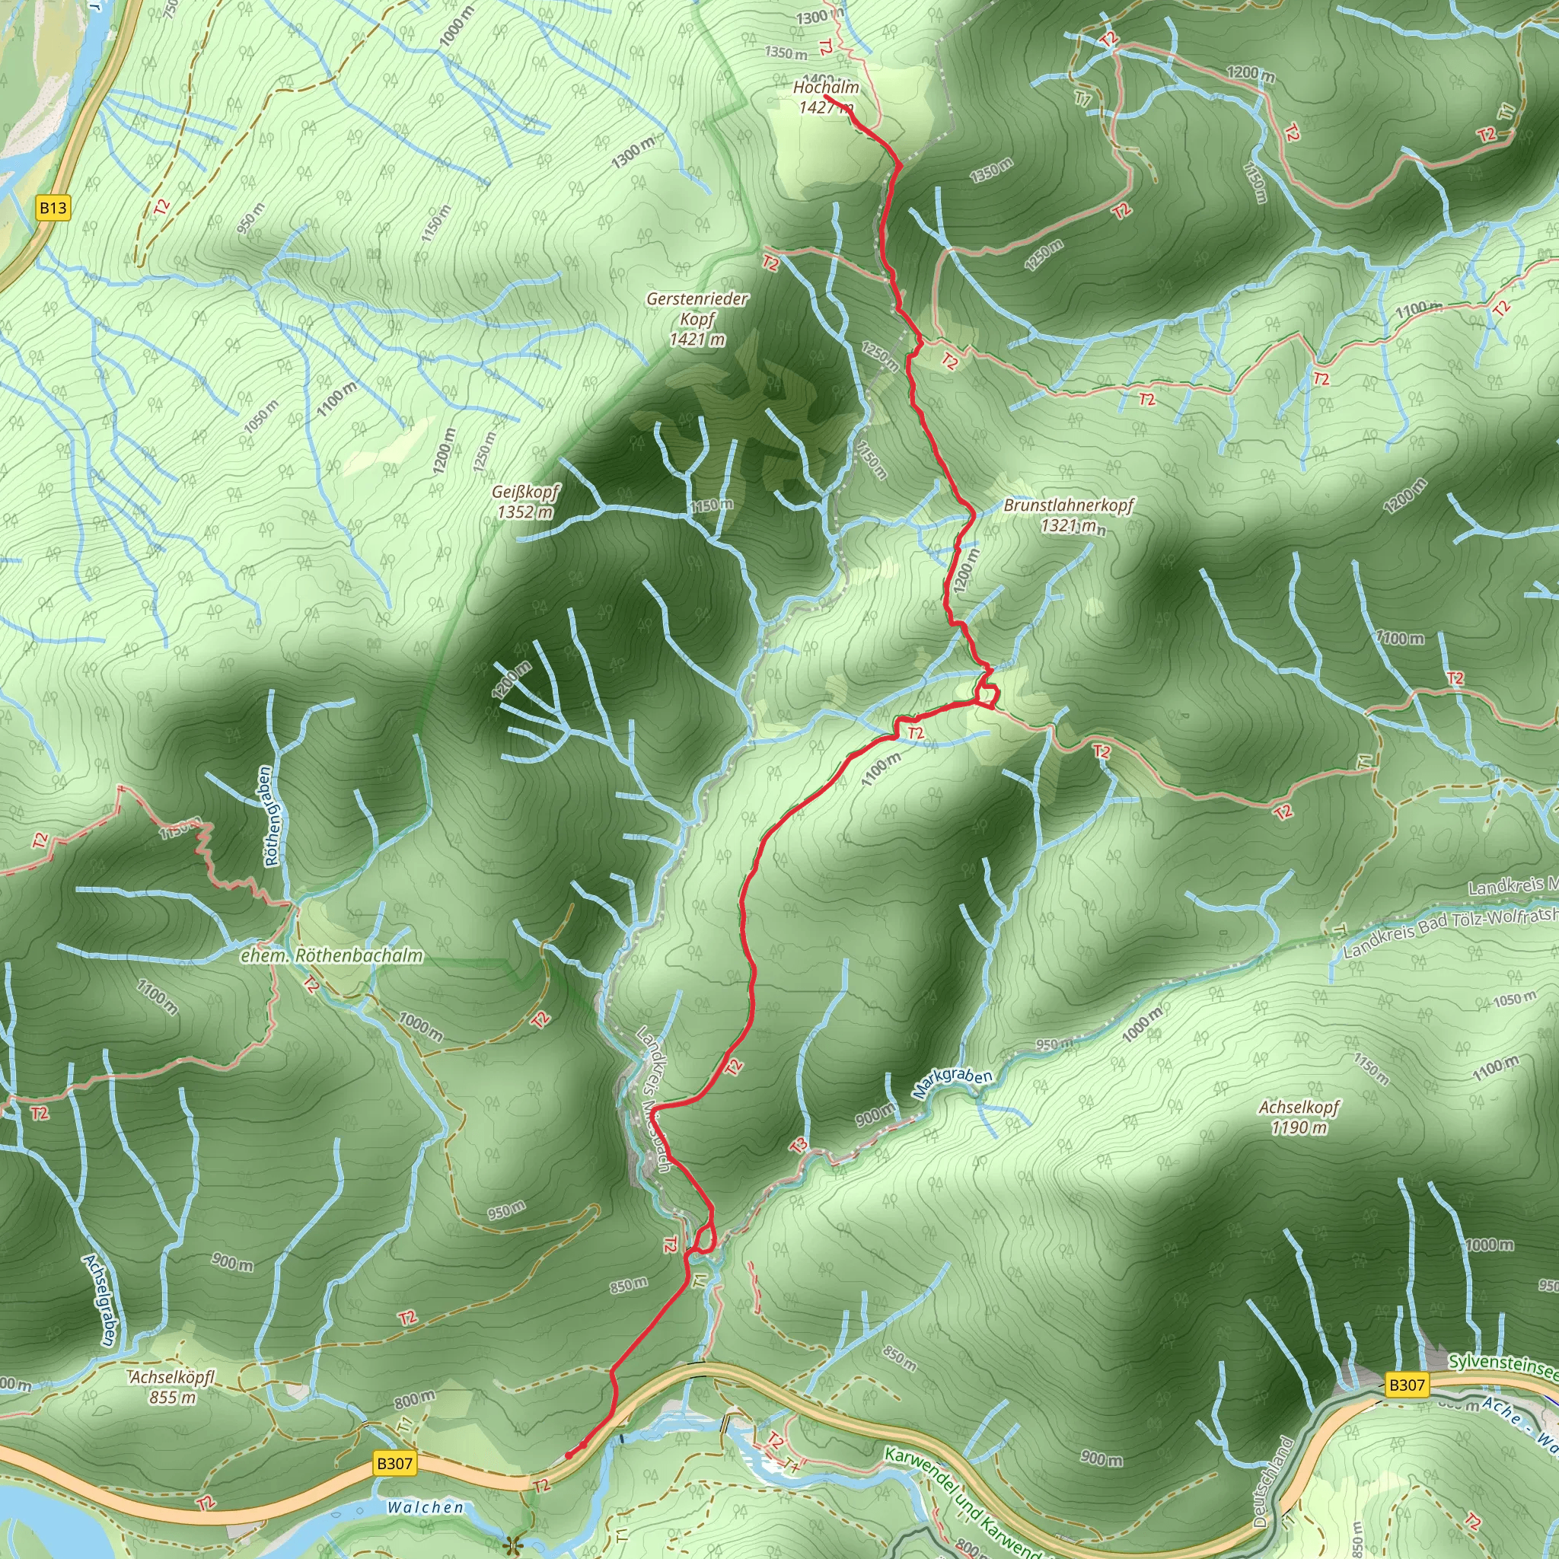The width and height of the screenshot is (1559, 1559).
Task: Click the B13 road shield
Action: [53, 208]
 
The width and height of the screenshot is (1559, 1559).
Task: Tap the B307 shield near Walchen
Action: [394, 1464]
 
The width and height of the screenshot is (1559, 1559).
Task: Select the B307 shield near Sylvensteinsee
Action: [1407, 1385]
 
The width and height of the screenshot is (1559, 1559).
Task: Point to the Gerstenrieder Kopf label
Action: [697, 320]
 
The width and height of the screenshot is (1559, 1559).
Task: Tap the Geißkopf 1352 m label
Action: [525, 502]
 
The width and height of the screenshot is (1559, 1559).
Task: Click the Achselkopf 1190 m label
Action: [1299, 1117]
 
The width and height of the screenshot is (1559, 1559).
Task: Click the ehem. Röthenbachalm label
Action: [332, 956]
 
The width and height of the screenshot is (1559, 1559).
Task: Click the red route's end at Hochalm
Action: [825, 97]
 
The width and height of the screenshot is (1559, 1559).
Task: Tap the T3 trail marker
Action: [798, 1145]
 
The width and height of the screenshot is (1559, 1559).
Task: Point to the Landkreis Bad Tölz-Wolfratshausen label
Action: [1449, 932]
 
